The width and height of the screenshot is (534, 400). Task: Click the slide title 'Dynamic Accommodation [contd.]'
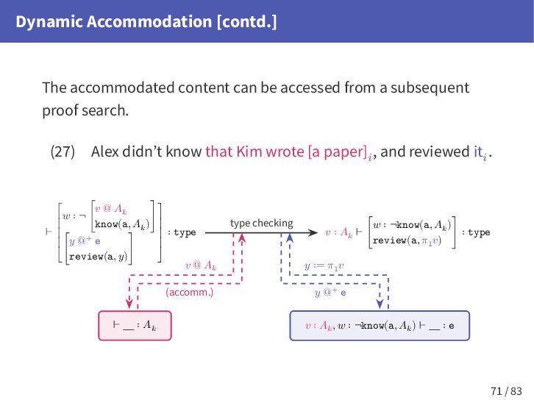[146, 22]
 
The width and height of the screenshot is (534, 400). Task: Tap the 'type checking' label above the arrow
[261, 223]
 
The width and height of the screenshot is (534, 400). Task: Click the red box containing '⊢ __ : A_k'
[135, 324]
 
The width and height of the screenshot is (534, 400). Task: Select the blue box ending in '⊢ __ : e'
[380, 324]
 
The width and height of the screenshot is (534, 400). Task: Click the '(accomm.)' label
[188, 292]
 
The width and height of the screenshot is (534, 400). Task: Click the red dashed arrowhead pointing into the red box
[129, 305]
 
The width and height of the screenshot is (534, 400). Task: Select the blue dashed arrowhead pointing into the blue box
[380, 305]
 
